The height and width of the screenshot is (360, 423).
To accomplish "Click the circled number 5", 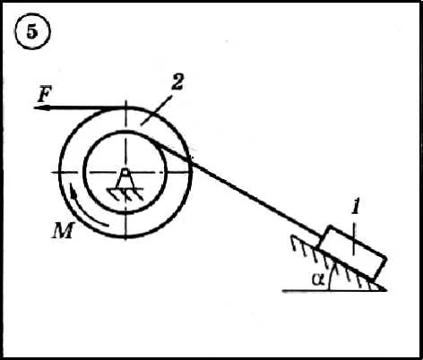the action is tap(32, 31).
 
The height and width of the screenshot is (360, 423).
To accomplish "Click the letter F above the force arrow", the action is tap(45, 94).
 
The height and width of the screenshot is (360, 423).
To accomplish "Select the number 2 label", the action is tap(177, 81).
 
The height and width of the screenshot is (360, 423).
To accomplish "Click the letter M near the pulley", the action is tap(63, 230).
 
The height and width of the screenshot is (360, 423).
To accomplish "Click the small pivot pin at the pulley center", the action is tap(125, 172).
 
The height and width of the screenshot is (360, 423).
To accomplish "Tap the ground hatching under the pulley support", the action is tap(125, 194).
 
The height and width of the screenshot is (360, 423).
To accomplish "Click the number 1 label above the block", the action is tap(355, 207).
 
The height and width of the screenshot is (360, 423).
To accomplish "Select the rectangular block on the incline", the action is tap(353, 253).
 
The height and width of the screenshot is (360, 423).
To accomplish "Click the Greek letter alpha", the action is tap(318, 279).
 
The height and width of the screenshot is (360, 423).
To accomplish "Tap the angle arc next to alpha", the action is tap(331, 275).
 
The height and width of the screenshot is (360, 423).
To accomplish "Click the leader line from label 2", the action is tap(157, 110).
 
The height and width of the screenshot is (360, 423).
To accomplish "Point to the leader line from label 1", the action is tap(354, 239).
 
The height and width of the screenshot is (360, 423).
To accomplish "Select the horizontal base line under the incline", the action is tap(334, 290).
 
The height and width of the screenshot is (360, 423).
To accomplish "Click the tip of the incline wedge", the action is tap(385, 289).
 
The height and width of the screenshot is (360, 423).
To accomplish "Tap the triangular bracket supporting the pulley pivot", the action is tap(125, 182).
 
